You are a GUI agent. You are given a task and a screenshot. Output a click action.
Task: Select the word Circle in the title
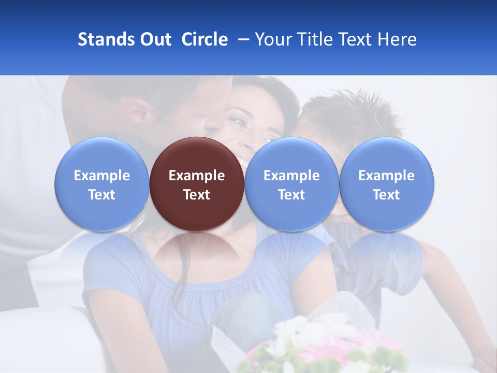(204, 39)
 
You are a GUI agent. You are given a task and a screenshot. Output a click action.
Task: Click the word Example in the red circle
(197, 176)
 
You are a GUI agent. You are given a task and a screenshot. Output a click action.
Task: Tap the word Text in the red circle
(197, 195)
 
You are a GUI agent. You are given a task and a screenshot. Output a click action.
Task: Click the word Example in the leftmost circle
(102, 176)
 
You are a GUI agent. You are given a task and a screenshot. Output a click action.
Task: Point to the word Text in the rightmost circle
(387, 195)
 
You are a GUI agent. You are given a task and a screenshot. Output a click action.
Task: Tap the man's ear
(136, 111)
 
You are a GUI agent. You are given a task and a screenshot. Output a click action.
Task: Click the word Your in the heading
(272, 39)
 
